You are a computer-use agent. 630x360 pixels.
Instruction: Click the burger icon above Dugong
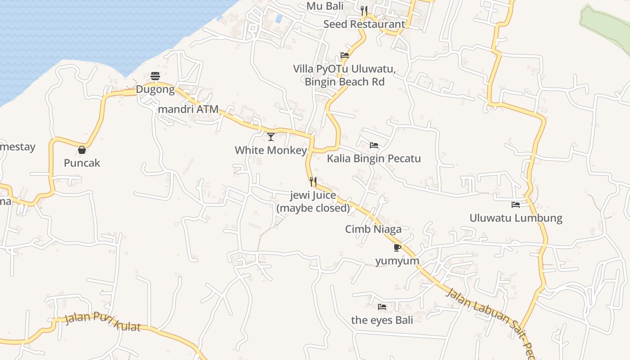pyautogui.click(x=155, y=76)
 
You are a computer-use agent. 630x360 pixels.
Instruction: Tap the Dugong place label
pyautogui.click(x=155, y=90)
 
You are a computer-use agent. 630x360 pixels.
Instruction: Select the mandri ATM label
pyautogui.click(x=188, y=109)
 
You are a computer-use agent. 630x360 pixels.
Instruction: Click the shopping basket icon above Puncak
pyautogui.click(x=82, y=150)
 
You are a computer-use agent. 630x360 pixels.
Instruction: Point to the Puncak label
pyautogui.click(x=82, y=163)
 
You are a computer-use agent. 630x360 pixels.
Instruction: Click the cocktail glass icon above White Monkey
pyautogui.click(x=271, y=137)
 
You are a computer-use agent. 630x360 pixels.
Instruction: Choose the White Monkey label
pyautogui.click(x=271, y=150)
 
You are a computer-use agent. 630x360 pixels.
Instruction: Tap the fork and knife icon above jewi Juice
pyautogui.click(x=313, y=182)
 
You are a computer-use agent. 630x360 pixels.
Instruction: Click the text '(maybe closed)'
pyautogui.click(x=313, y=208)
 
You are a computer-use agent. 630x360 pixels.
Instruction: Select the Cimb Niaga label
pyautogui.click(x=373, y=229)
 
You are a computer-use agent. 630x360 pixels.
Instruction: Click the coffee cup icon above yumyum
pyautogui.click(x=397, y=247)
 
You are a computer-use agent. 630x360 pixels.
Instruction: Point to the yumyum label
pyautogui.click(x=397, y=261)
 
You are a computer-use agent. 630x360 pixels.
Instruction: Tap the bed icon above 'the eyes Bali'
pyautogui.click(x=382, y=307)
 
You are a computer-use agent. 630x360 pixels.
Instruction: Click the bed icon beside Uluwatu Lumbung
pyautogui.click(x=516, y=205)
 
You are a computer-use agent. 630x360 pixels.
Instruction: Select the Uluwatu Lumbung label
pyautogui.click(x=516, y=218)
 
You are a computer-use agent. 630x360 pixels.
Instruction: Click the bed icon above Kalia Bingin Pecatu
pyautogui.click(x=373, y=145)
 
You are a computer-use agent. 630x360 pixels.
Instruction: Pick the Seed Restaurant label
pyautogui.click(x=364, y=24)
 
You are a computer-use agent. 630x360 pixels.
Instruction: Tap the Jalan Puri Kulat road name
pyautogui.click(x=102, y=321)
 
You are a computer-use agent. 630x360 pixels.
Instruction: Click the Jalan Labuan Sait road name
pyautogui.click(x=486, y=315)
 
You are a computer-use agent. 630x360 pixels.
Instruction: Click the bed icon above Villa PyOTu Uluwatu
pyautogui.click(x=345, y=56)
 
